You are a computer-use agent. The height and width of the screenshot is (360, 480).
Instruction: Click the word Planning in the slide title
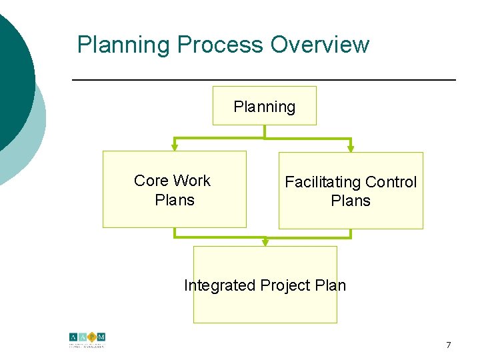click(x=124, y=45)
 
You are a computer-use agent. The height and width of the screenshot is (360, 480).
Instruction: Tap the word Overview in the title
click(x=319, y=45)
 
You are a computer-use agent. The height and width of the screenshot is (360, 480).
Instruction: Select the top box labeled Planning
click(x=265, y=107)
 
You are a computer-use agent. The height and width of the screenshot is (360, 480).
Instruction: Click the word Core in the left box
click(x=151, y=181)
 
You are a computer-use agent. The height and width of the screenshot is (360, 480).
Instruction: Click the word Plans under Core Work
click(x=174, y=200)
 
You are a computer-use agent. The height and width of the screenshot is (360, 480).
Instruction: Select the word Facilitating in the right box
click(x=323, y=182)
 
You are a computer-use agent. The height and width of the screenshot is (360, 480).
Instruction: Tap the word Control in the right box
click(x=391, y=182)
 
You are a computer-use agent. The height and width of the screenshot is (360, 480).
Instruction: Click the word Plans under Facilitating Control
click(x=351, y=201)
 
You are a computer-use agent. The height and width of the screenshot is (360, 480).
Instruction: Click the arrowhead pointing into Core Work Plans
click(x=175, y=148)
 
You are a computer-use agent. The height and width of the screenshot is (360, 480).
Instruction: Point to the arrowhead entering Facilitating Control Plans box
click(x=351, y=149)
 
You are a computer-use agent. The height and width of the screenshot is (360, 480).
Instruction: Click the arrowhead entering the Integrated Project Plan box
click(x=265, y=243)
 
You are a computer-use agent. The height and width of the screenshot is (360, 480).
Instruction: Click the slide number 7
click(x=448, y=345)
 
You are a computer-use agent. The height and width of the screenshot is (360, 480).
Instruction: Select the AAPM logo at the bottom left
click(x=87, y=340)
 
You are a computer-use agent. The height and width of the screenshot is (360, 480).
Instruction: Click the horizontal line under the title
click(x=263, y=80)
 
